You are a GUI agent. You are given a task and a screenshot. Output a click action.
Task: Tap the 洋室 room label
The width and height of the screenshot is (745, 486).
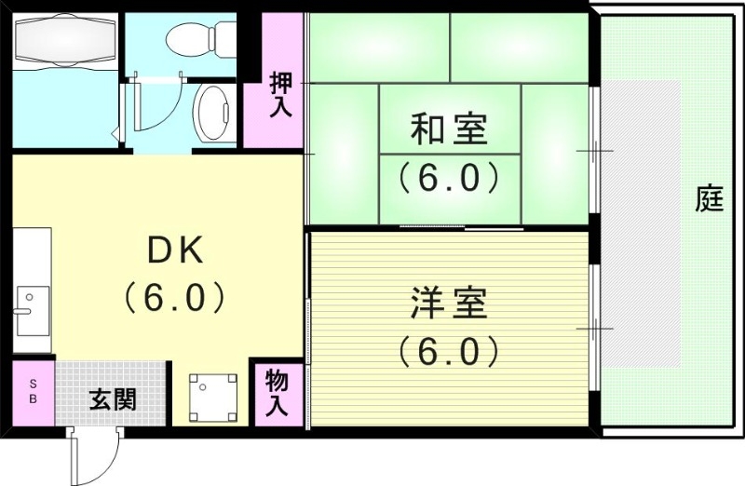pyautogui.click(x=449, y=304)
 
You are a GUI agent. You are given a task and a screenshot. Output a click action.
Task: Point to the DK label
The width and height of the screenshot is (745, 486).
pyautogui.click(x=175, y=250)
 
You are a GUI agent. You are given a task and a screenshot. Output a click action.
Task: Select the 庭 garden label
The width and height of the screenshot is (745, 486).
pyautogui.click(x=710, y=198)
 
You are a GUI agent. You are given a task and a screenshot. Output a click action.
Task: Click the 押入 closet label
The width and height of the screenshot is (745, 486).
pyautogui.click(x=279, y=93)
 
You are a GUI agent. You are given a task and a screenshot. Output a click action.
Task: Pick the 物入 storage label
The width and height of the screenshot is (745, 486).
pyautogui.click(x=278, y=393)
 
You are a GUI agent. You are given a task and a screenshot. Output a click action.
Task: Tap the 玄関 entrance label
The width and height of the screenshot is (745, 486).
pyautogui.click(x=113, y=399)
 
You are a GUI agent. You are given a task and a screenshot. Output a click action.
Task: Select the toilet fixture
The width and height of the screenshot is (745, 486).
pyautogui.click(x=199, y=37)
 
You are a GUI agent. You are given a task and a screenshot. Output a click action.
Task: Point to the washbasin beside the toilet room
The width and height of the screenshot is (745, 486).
pyautogui.click(x=215, y=114)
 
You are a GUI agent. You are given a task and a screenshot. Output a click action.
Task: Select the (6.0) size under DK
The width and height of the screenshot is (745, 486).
pyautogui.click(x=174, y=297)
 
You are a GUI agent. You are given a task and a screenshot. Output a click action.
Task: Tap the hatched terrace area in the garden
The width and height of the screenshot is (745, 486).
pyautogui.click(x=643, y=223)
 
